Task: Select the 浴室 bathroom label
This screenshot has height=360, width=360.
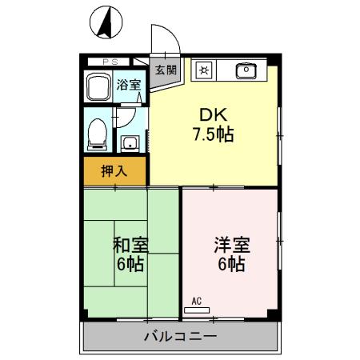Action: (128, 85)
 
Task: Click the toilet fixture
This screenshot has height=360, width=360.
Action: (97, 133)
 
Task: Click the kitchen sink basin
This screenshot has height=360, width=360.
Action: (246, 70)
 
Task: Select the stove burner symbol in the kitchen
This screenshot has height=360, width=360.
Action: (203, 70)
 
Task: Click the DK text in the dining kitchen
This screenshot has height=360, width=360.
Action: (212, 114)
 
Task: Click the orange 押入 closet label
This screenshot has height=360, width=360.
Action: (115, 170)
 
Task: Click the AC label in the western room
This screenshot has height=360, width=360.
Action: (196, 301)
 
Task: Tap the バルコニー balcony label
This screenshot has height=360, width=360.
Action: (180, 336)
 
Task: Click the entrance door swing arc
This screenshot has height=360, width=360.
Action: (164, 38)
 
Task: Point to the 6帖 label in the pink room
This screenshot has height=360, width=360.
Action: (230, 264)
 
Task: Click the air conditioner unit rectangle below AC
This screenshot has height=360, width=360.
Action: (196, 309)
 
